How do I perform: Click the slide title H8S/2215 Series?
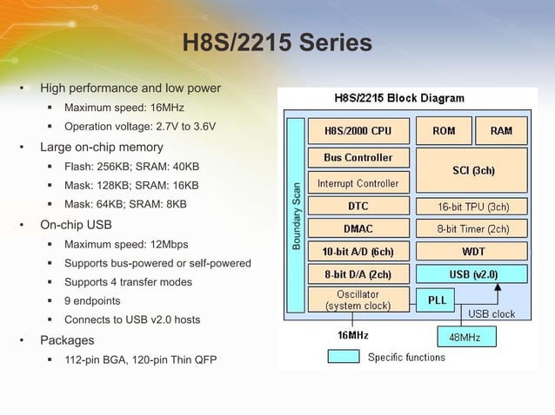point(277,43)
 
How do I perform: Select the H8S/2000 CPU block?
point(357,131)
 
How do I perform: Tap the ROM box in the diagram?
point(443,131)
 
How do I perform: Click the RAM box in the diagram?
point(501,131)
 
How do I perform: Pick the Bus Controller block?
point(357,158)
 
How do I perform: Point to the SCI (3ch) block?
point(472,170)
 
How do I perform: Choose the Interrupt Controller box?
point(357,183)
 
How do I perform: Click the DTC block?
point(357,207)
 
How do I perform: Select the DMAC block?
point(357,229)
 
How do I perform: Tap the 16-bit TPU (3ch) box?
point(472,207)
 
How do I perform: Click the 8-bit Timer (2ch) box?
point(472,229)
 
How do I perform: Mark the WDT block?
point(472,252)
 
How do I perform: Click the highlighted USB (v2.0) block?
point(472,274)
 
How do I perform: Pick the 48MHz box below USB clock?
point(465,335)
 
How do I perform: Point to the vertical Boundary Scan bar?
point(295,216)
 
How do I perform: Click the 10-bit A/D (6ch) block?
point(357,252)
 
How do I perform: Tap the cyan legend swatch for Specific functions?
point(343,357)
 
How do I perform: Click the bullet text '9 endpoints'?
point(92,301)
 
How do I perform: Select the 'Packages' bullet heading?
point(67,340)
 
